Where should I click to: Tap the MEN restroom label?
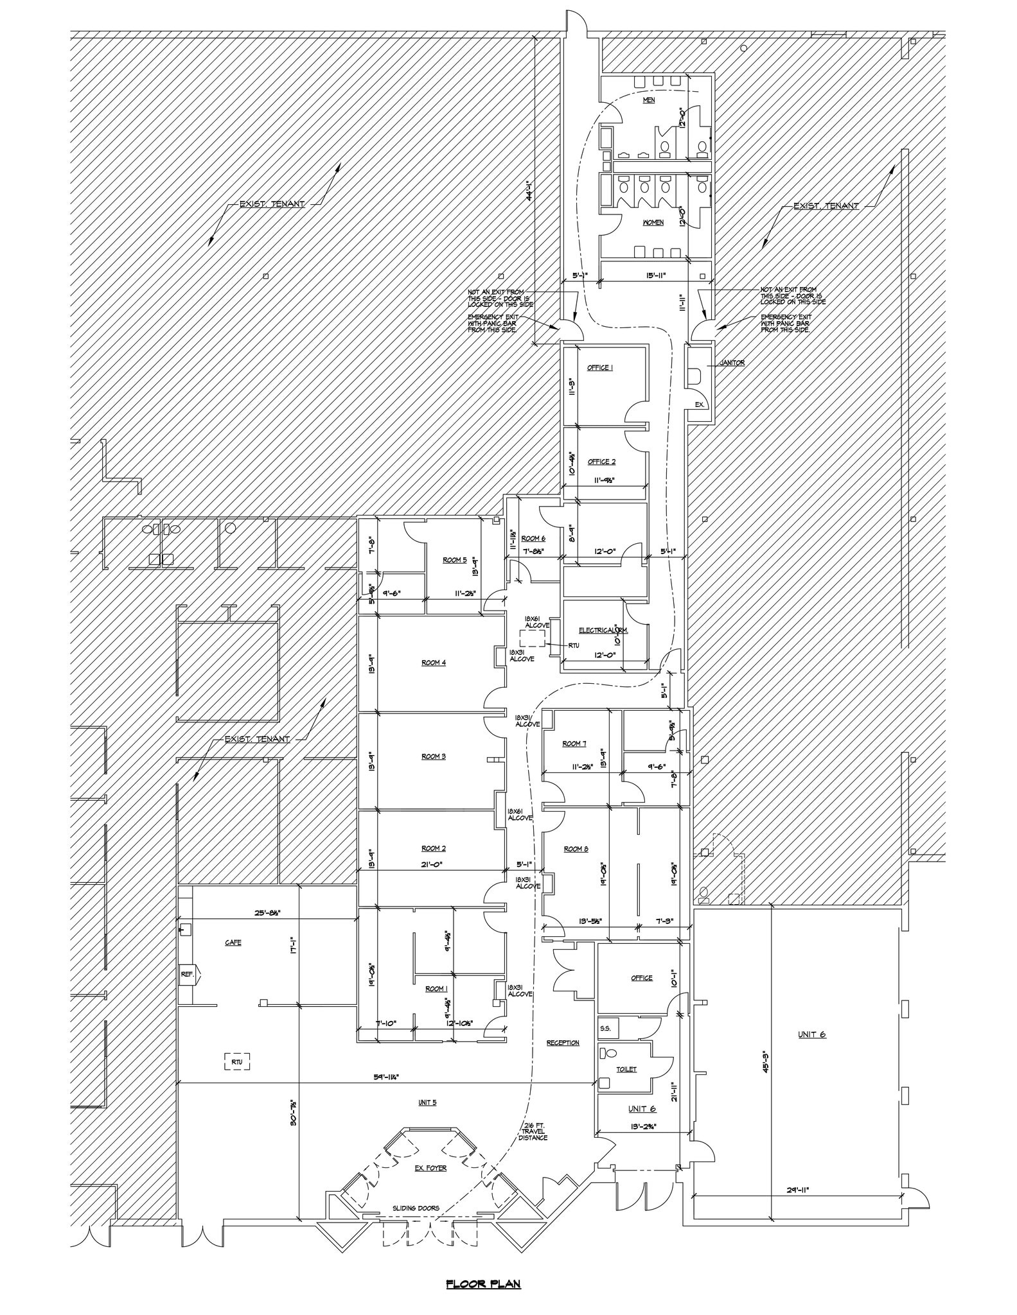648,101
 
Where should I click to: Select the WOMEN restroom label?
653,223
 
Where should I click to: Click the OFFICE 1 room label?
600,368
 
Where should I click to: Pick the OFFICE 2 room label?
601,462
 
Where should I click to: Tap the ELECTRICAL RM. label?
603,631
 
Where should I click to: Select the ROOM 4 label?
434,663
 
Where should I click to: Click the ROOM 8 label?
576,849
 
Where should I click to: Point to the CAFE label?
233,943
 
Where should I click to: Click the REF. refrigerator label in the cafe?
187,974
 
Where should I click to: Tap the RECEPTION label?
563,1043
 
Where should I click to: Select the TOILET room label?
626,1069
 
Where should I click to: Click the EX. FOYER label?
430,1168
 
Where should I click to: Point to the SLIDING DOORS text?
416,1208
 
